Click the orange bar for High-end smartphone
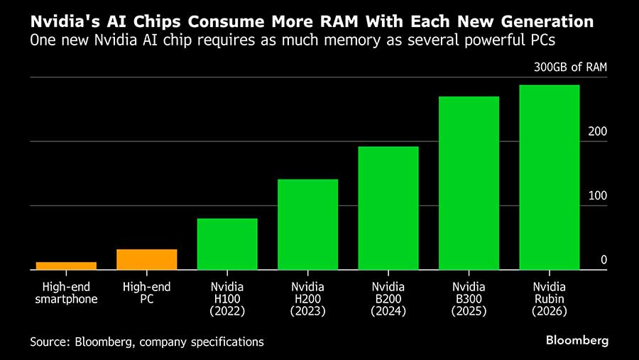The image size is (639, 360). point(66,266)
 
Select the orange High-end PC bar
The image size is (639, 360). point(146,260)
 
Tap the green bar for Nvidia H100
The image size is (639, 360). point(227,244)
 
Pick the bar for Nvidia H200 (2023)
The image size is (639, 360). point(307,224)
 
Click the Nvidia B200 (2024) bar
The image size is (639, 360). point(388,208)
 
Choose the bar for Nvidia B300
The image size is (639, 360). point(469,183)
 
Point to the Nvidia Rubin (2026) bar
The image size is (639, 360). point(550,178)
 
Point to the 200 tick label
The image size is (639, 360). point(598,131)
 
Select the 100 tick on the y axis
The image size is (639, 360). point(598,195)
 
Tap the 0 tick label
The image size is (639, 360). point(603,260)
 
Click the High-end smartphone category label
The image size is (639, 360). point(66,293)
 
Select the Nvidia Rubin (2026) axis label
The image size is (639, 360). point(550,299)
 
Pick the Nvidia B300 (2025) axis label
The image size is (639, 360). point(469,299)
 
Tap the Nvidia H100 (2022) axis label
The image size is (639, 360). point(227,299)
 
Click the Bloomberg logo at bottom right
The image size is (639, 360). point(577,341)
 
